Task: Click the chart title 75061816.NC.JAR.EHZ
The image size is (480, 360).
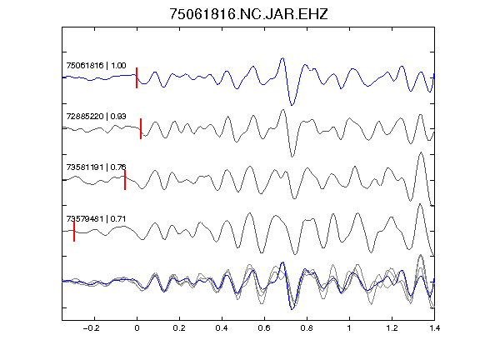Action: click(248, 14)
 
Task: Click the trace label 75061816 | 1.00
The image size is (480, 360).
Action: click(96, 66)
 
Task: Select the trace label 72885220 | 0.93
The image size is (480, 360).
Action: click(96, 117)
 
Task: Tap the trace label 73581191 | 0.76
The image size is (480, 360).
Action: click(96, 167)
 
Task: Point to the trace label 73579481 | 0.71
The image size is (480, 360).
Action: click(96, 219)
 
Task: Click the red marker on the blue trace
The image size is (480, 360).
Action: click(137, 77)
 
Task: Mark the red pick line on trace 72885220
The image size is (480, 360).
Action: click(141, 128)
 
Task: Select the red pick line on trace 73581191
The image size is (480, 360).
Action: click(125, 180)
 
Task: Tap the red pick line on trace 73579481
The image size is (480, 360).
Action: click(74, 231)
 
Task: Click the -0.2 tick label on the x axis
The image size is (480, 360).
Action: click(92, 328)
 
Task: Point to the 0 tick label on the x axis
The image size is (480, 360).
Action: click(137, 328)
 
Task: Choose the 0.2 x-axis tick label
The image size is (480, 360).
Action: click(179, 328)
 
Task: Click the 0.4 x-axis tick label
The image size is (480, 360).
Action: click(222, 328)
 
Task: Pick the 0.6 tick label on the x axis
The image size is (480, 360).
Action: click(264, 328)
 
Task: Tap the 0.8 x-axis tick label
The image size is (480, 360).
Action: click(307, 328)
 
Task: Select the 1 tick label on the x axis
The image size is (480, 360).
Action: click(349, 328)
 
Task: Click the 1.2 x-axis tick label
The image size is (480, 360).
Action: click(392, 328)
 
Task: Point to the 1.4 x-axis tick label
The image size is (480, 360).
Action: click(434, 328)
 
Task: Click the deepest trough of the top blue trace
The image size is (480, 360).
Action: click(292, 105)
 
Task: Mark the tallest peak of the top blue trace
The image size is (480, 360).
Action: click(282, 57)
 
